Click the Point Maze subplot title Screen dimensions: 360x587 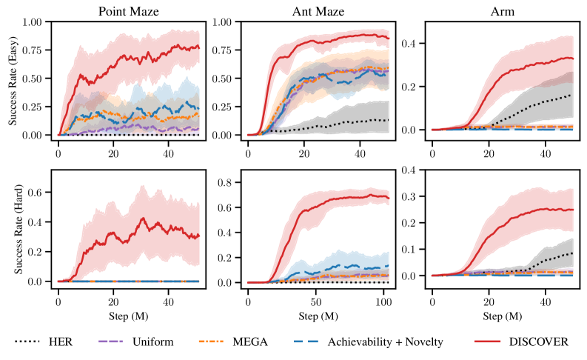click(127, 11)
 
